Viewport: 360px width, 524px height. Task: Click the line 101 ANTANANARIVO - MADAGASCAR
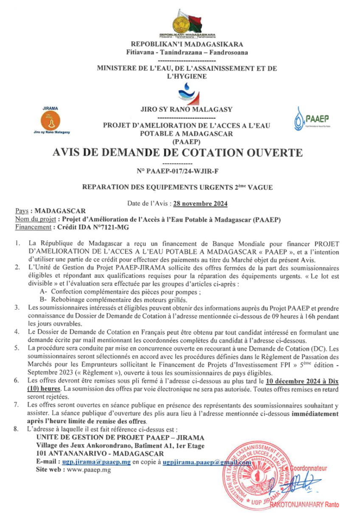(x=89, y=453)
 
